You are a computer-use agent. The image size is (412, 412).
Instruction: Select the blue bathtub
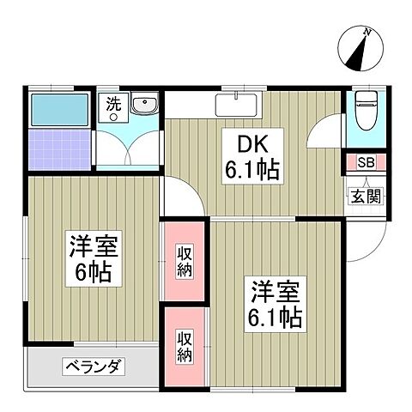pos(59,109)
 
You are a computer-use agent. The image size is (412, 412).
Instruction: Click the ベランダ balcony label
pos(94,368)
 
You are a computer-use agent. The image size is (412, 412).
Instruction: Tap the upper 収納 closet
pos(185,260)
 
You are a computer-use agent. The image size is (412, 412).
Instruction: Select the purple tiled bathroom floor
pos(58,148)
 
